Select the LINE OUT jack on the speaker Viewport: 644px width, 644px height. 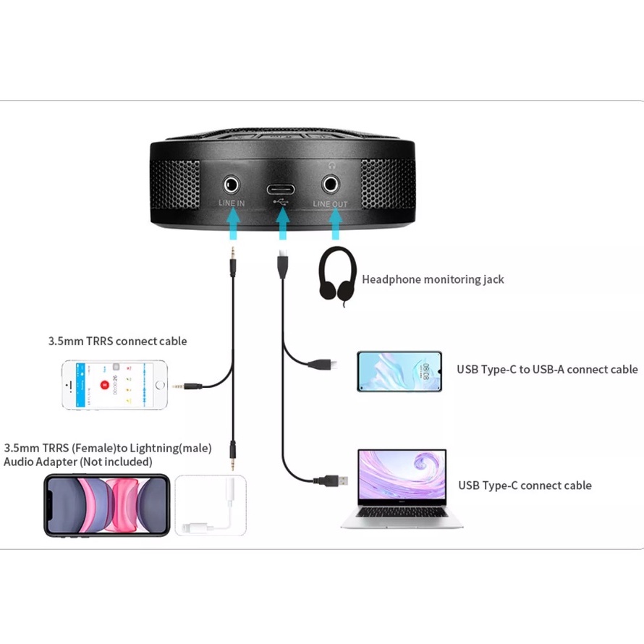point(331,183)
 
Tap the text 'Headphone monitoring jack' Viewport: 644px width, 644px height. point(433,279)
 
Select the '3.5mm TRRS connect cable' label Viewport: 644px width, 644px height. point(117,341)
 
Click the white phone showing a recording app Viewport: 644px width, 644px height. point(114,385)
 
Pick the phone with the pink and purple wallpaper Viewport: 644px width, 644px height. point(106,505)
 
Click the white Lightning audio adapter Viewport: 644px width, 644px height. point(211,506)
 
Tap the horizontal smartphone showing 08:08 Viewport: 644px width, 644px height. point(399,372)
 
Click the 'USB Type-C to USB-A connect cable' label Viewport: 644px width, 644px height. point(546,369)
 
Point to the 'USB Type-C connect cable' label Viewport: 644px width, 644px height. point(525,486)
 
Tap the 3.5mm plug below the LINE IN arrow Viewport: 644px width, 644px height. point(233,260)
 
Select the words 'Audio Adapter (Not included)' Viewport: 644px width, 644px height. point(78,462)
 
